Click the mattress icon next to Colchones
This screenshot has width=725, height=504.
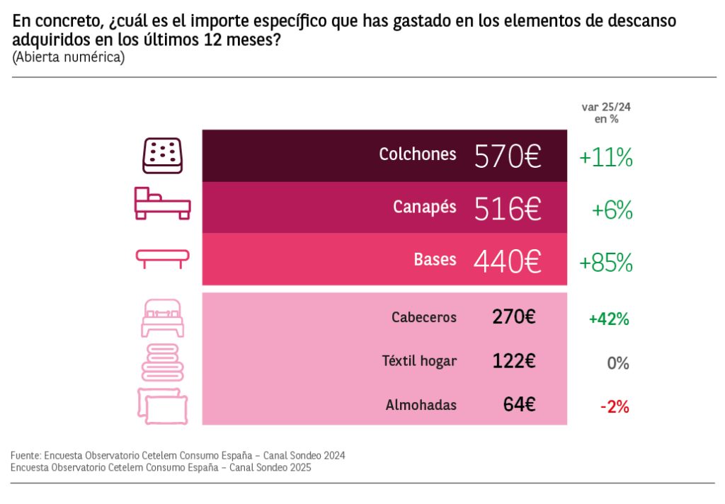pos(163,156)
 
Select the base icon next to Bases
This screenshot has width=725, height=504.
pos(163,258)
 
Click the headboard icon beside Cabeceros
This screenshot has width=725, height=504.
pos(162,318)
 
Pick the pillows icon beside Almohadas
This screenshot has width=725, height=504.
pos(162,406)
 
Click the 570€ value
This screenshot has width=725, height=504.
pos(508,156)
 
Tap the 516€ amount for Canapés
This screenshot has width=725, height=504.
pos(508,209)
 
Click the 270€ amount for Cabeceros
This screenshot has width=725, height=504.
pos(514,317)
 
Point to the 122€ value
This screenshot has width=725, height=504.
pos(514,361)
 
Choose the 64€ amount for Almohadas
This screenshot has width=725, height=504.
pos(520,405)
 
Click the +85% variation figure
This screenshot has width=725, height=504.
pos(605,263)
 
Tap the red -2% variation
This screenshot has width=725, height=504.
pos(614,407)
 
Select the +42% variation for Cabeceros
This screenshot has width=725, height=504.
pos(609,319)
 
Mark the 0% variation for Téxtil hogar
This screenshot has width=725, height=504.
pos(617,363)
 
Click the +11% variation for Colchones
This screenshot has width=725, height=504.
pos(605,157)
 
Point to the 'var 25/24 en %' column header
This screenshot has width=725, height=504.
pos(605,113)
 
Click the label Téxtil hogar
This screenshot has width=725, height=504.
pos(419,361)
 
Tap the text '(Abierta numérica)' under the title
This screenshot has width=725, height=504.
pos(68,58)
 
